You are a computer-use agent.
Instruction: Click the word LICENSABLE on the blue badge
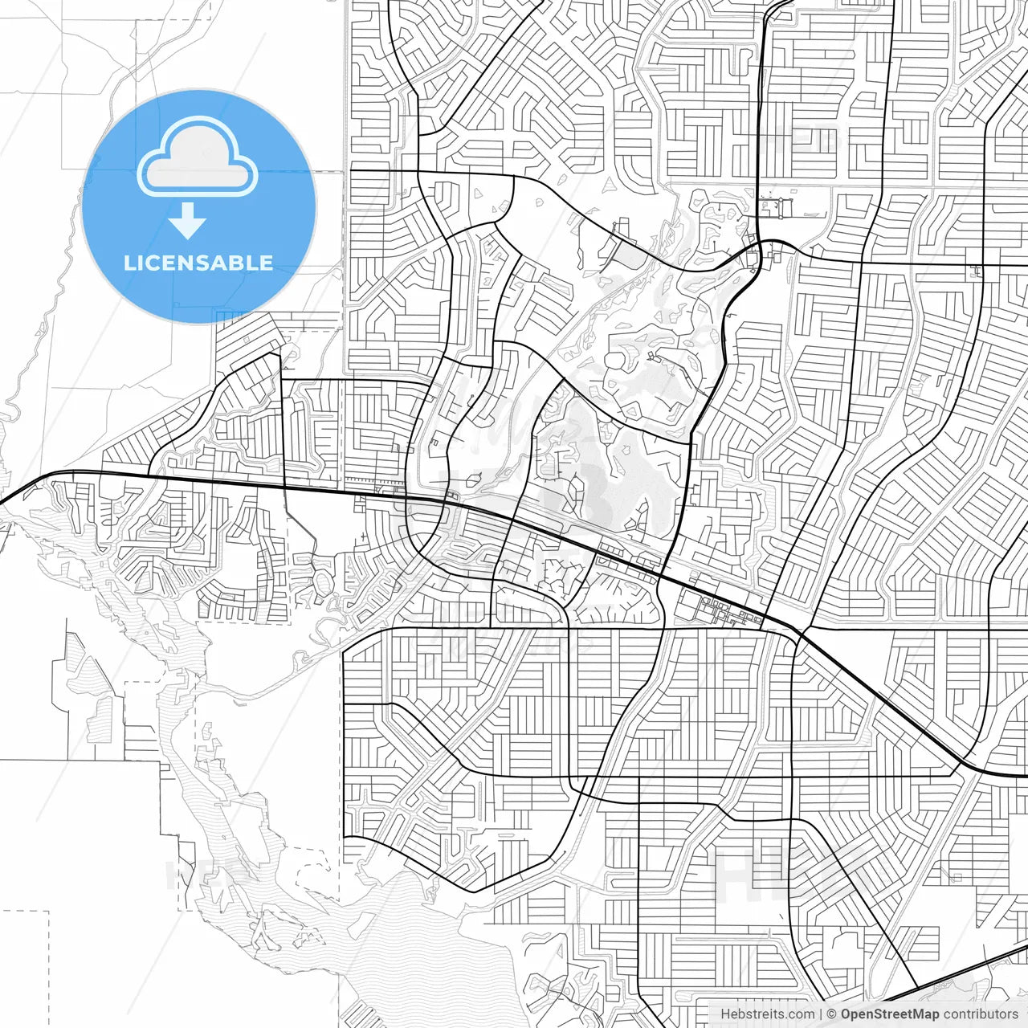click(198, 263)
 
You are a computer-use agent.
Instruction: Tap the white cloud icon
click(198, 158)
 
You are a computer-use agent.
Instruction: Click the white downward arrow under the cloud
click(188, 222)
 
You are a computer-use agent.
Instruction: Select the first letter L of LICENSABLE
click(129, 263)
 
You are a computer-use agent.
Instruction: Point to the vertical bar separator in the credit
click(821, 1014)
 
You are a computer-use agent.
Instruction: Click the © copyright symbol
click(832, 1014)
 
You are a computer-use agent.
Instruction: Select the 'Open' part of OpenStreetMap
click(857, 1014)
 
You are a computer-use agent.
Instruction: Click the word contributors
click(981, 1014)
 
